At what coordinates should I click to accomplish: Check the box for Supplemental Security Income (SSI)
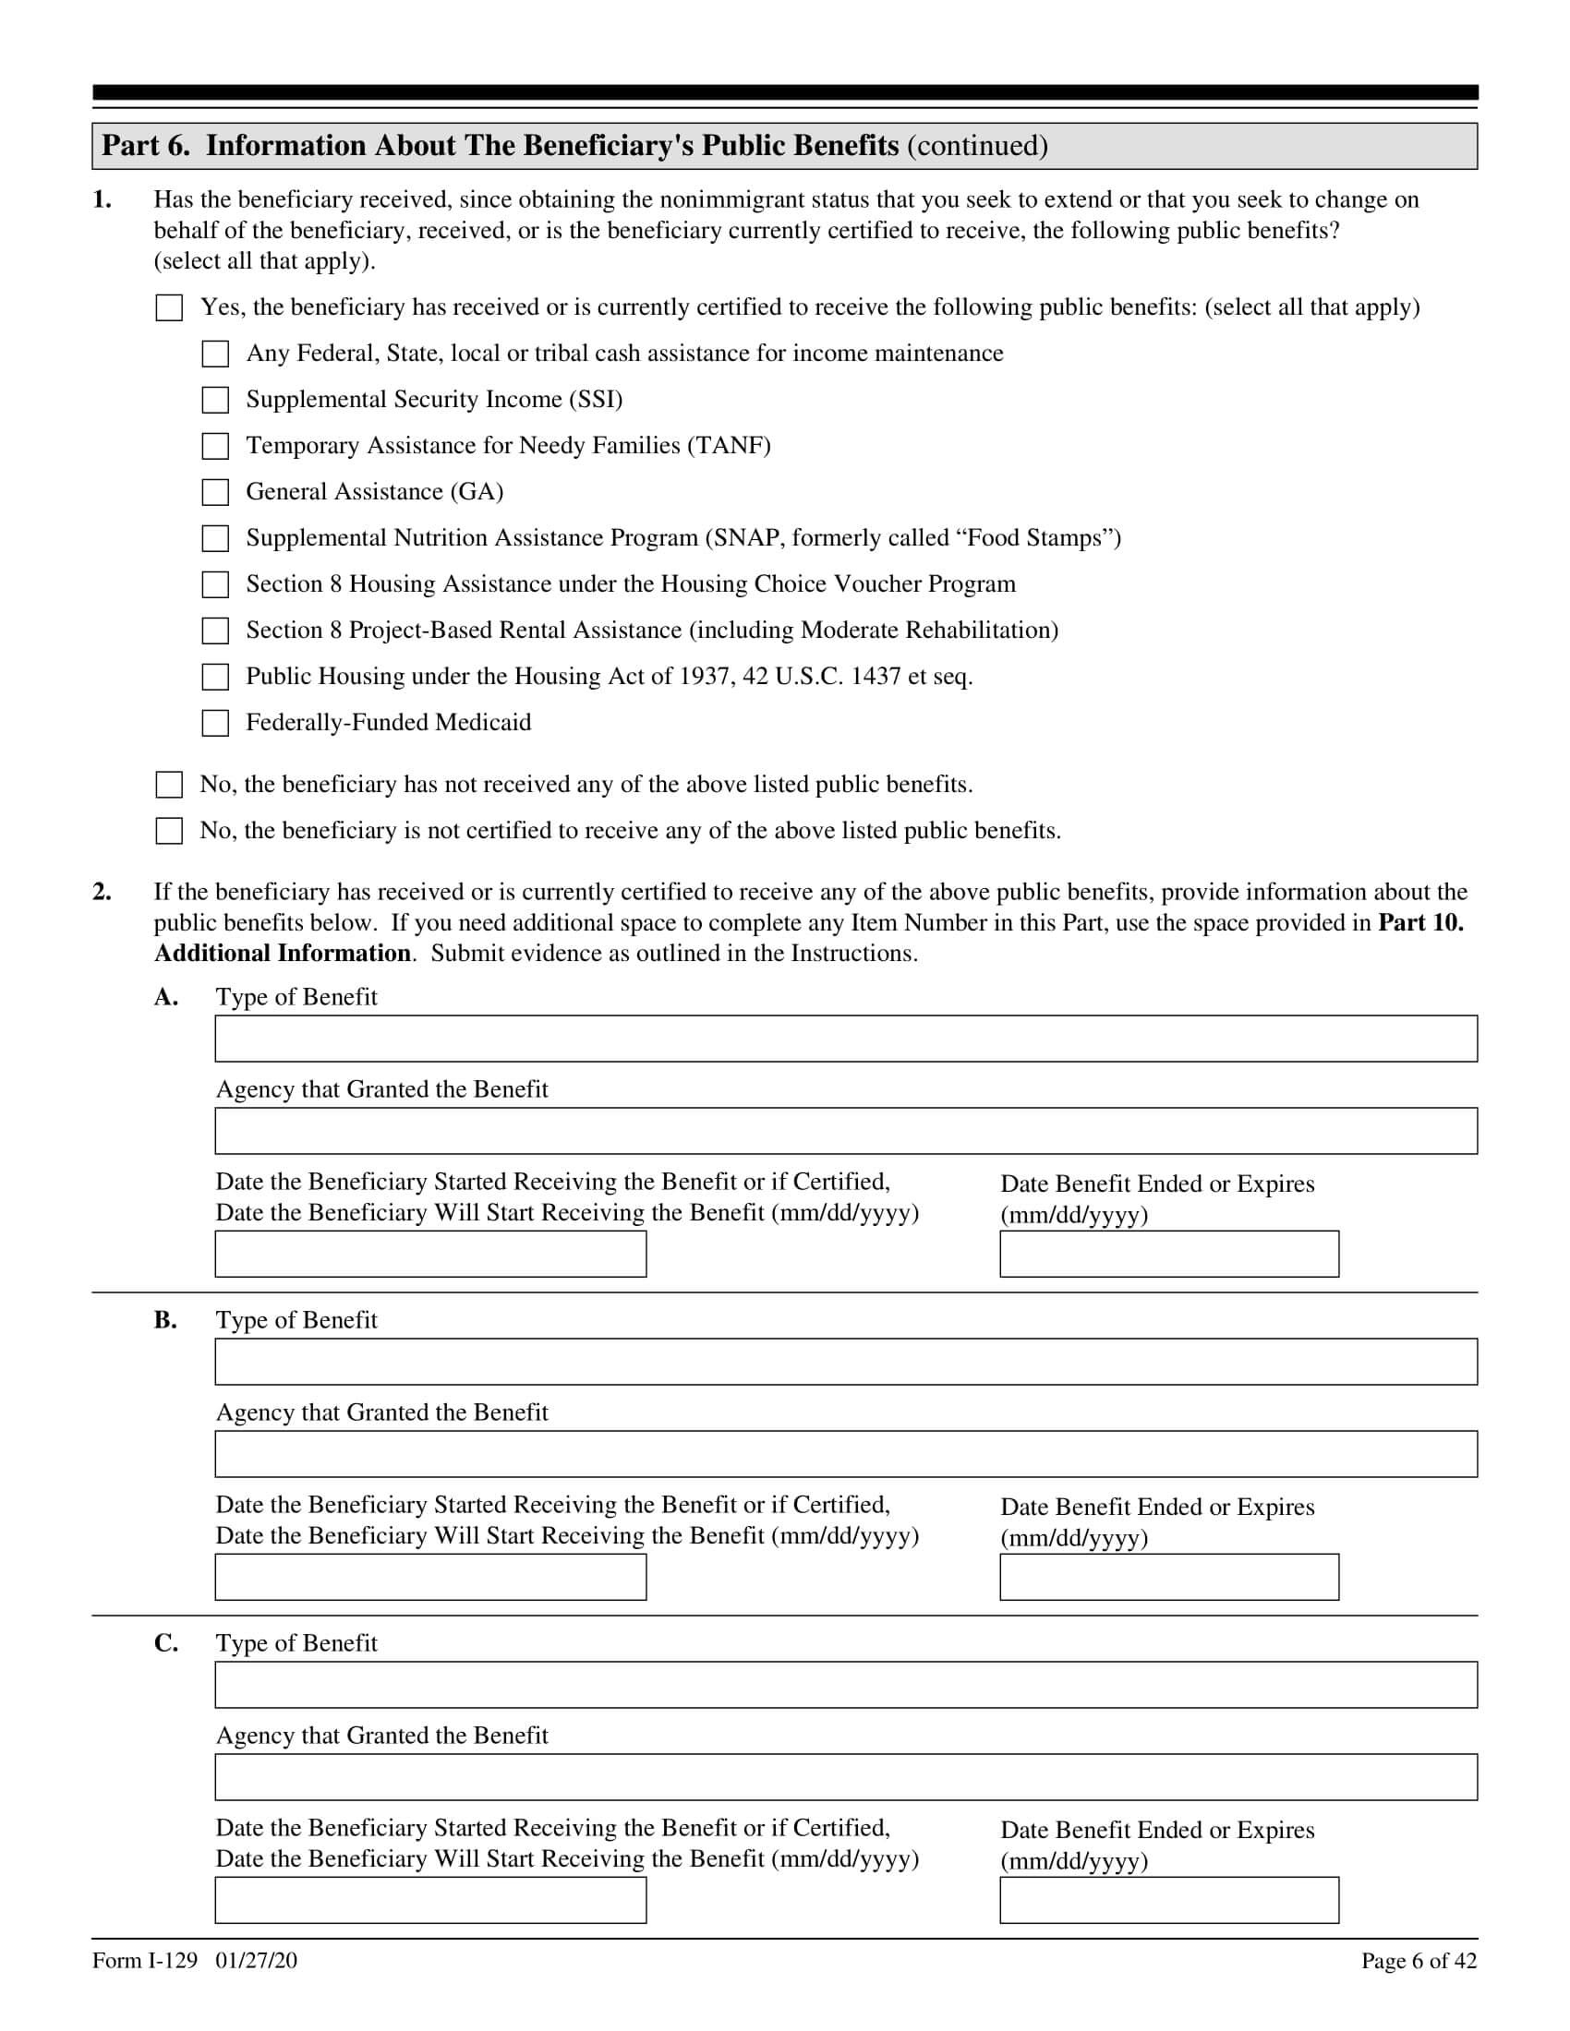[x=215, y=400]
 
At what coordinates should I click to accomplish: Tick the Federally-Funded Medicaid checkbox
[x=215, y=723]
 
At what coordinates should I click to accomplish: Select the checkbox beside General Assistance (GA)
[x=215, y=492]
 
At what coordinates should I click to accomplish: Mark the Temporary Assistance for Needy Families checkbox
[x=215, y=446]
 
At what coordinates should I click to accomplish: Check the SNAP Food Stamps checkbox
[x=215, y=538]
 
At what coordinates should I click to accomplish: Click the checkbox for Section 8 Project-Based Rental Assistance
[x=215, y=631]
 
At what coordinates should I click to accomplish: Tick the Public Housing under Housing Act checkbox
[x=215, y=676]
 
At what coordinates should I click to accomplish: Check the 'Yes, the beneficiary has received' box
[x=169, y=307]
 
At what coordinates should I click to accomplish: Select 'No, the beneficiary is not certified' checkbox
[x=169, y=831]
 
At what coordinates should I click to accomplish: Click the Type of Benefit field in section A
[x=845, y=1039]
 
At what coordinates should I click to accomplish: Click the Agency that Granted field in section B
[x=845, y=1453]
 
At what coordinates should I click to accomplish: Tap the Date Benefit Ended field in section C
[x=1169, y=1900]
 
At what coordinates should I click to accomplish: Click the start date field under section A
[x=430, y=1254]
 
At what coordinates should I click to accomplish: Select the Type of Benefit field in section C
[x=845, y=1684]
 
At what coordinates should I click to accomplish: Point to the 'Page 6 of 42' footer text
[x=1419, y=1960]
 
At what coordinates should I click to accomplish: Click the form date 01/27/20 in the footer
[x=256, y=1960]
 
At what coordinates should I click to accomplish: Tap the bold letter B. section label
[x=165, y=1319]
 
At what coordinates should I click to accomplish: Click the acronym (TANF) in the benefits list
[x=730, y=446]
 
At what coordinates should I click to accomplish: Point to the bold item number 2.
[x=102, y=892]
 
